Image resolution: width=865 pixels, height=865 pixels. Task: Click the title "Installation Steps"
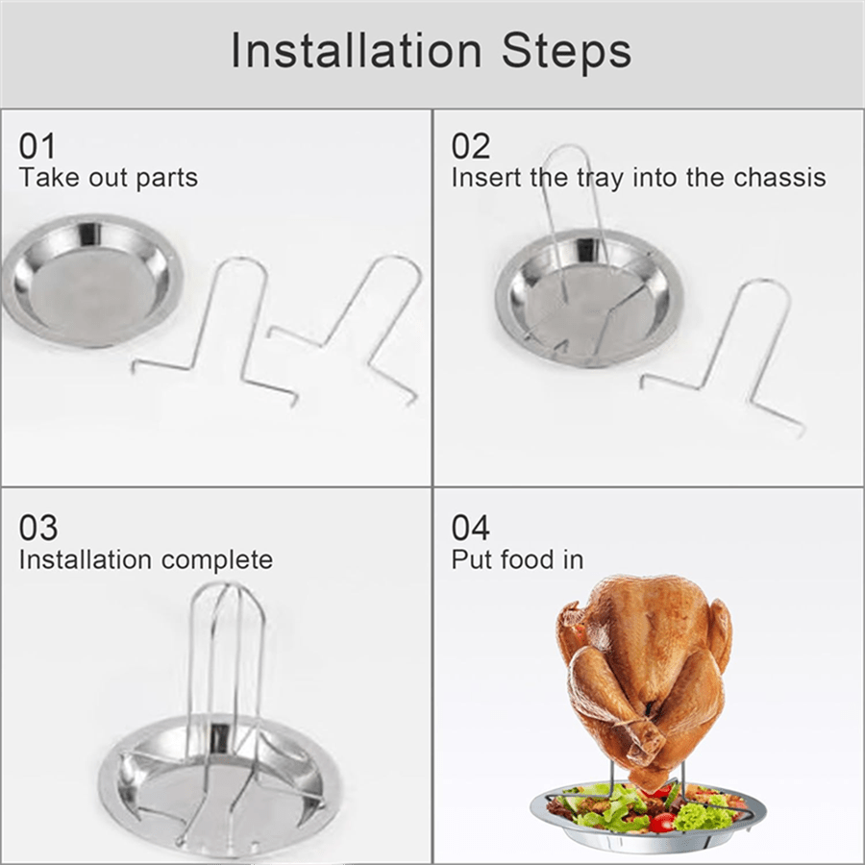431,51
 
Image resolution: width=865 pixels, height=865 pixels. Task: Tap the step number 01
38,146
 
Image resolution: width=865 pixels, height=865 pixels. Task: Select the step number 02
471,146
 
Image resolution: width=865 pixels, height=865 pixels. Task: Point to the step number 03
38,528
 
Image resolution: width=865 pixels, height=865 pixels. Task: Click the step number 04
471,528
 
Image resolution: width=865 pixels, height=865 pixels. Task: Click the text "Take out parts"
108,178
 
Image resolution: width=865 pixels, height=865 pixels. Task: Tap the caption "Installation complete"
145,559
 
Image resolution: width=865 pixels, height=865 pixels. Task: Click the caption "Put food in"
517,559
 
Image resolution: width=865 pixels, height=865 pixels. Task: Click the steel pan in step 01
91,279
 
